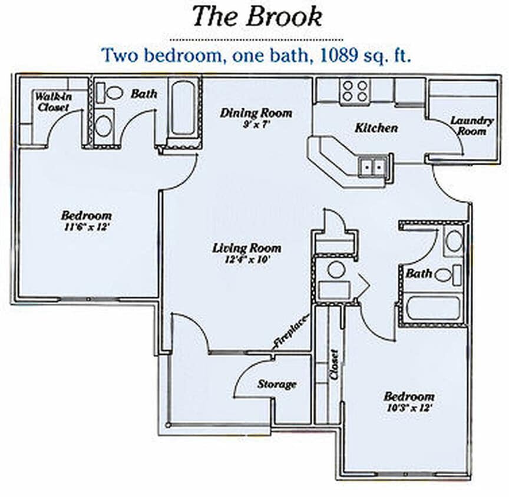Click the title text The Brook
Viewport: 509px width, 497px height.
click(257, 16)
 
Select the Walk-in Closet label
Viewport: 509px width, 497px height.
click(52, 101)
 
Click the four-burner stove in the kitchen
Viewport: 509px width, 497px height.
click(355, 91)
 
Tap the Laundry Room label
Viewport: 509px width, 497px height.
click(472, 125)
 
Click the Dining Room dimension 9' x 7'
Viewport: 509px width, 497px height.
click(256, 124)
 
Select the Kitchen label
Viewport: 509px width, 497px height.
click(376, 128)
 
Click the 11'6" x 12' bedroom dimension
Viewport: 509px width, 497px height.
click(86, 227)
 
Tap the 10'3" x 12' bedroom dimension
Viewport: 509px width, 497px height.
click(409, 407)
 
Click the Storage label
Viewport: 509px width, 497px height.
click(276, 385)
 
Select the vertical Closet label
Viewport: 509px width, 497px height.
click(334, 365)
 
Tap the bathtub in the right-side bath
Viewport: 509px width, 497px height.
click(433, 308)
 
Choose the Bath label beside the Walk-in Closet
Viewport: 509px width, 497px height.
click(143, 94)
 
